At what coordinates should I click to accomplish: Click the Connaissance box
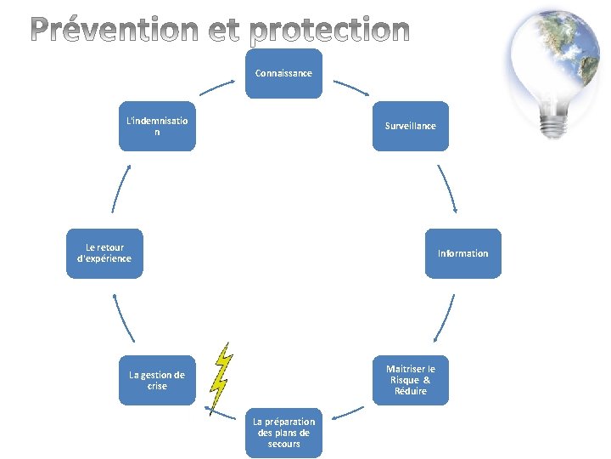coord(283,73)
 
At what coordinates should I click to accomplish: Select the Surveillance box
coord(410,126)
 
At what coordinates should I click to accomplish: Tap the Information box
coord(462,253)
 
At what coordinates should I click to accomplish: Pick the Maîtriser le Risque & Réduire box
coord(410,380)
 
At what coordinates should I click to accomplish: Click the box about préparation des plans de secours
coord(283,432)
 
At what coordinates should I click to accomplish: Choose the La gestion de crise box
coord(157,380)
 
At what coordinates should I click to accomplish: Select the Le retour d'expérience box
coord(104,253)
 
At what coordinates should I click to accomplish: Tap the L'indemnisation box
coord(157,126)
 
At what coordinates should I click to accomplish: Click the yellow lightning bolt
coord(221,377)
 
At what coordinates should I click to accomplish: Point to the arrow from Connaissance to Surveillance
coord(350,87)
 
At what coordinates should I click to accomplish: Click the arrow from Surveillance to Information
coord(447,188)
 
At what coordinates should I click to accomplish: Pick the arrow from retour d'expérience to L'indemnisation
coord(120,188)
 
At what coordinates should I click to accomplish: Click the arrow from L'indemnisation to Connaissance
coord(217,88)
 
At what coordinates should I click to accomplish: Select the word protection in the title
coord(331,31)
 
